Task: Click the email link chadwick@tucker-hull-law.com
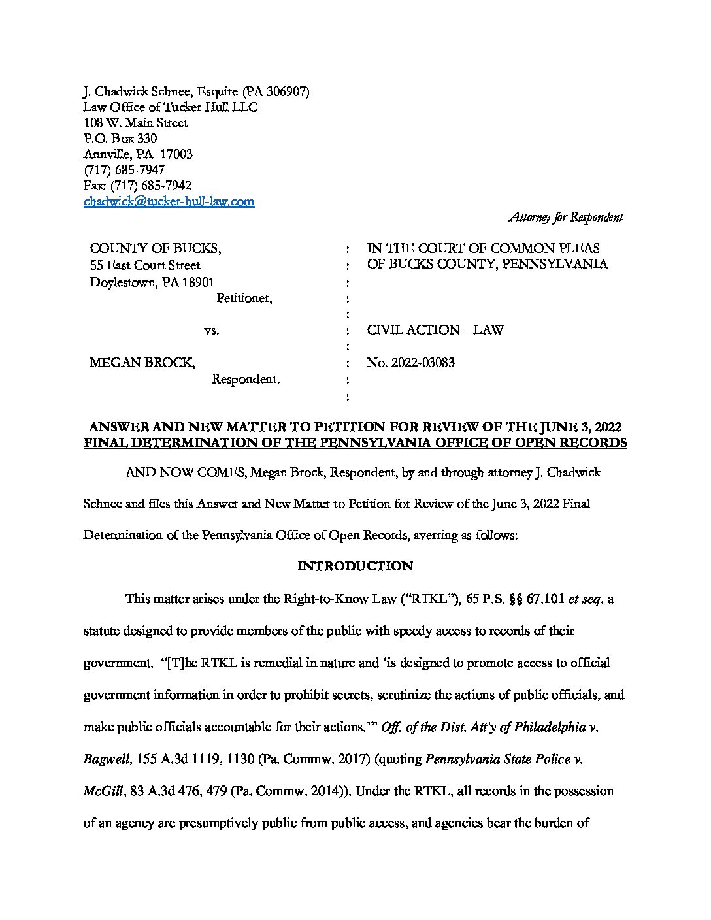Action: (x=169, y=202)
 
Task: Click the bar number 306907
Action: (x=287, y=91)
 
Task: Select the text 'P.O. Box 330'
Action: (x=120, y=139)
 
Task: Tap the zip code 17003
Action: (x=176, y=155)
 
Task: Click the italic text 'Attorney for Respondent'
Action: (x=565, y=218)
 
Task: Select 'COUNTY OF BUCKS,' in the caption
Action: (x=155, y=248)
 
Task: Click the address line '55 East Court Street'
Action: (x=145, y=265)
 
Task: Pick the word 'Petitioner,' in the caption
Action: (x=244, y=298)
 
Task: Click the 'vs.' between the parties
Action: (x=211, y=331)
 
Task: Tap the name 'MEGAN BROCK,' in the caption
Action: (x=142, y=363)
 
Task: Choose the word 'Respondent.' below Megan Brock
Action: (x=246, y=379)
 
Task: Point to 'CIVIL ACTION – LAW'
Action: (x=435, y=330)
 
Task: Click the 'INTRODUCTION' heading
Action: (x=355, y=567)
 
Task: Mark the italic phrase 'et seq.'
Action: (x=586, y=599)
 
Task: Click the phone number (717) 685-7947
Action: (x=124, y=171)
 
